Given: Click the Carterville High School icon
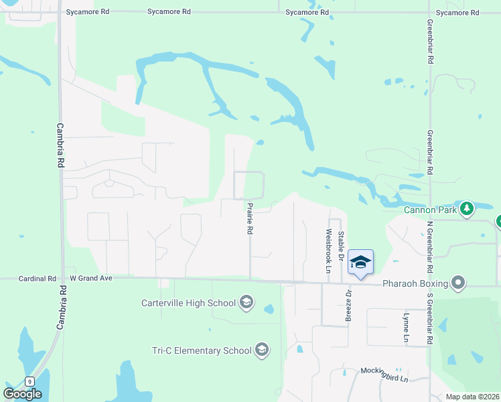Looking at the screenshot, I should coord(246,302).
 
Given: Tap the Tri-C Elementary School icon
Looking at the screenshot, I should coord(261,350).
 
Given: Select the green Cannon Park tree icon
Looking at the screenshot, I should coord(466,208).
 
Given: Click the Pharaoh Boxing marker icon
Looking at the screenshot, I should coord(458,283).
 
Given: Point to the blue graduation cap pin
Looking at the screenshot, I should coord(360,262).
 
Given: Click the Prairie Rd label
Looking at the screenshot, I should coord(249,219).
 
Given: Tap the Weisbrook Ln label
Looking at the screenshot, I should coord(328,252).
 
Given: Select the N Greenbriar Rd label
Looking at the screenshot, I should coord(430,239).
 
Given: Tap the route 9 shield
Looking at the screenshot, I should coord(29,381).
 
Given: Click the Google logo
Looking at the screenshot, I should coord(23,394).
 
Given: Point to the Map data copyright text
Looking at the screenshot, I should coord(472,397).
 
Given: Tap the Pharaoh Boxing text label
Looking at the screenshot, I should coord(415,283).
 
